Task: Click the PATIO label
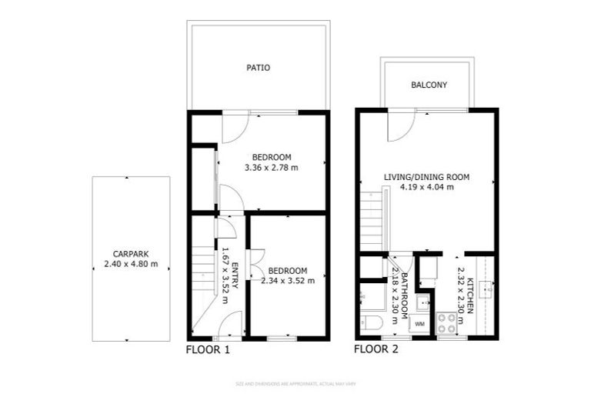coord(258,68)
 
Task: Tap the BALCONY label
coord(429,85)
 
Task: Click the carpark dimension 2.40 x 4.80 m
coord(131,264)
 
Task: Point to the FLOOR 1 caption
coord(208,349)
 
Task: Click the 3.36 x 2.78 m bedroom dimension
coord(271,168)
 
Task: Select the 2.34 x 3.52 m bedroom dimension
coord(287,281)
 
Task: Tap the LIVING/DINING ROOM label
coord(426,176)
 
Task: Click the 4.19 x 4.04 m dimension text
coord(426,187)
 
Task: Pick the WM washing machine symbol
coord(419,325)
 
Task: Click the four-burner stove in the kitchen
coord(446,323)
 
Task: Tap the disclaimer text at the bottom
coord(295,383)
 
